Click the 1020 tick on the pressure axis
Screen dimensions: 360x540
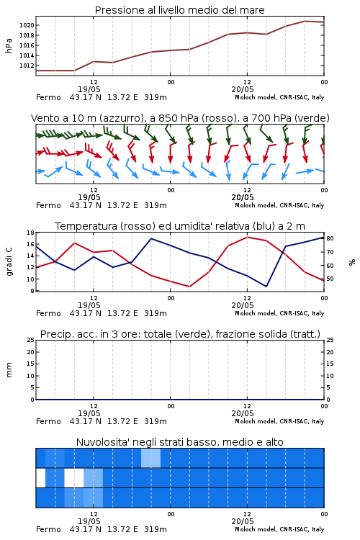(x=26, y=25)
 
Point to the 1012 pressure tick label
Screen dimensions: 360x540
(x=26, y=66)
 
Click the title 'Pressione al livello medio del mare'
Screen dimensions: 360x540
(x=180, y=10)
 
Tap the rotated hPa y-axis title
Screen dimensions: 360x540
(x=9, y=45)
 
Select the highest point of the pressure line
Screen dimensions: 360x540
(x=305, y=21)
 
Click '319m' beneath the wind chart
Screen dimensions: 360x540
(x=156, y=205)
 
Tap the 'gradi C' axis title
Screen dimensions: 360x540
(x=9, y=261)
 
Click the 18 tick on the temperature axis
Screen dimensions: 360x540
(x=31, y=233)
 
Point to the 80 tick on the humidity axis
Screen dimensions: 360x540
(x=330, y=238)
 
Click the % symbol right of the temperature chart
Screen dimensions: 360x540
(x=352, y=262)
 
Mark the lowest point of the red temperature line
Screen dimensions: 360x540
(x=189, y=287)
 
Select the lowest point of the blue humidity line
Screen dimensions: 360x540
(x=266, y=287)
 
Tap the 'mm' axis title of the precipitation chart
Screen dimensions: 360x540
(x=9, y=370)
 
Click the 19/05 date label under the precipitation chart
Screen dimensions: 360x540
(x=89, y=413)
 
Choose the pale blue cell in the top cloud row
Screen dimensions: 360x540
(x=151, y=458)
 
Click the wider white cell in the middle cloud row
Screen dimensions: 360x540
(x=74, y=477)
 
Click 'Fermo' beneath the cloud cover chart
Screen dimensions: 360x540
(x=48, y=529)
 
